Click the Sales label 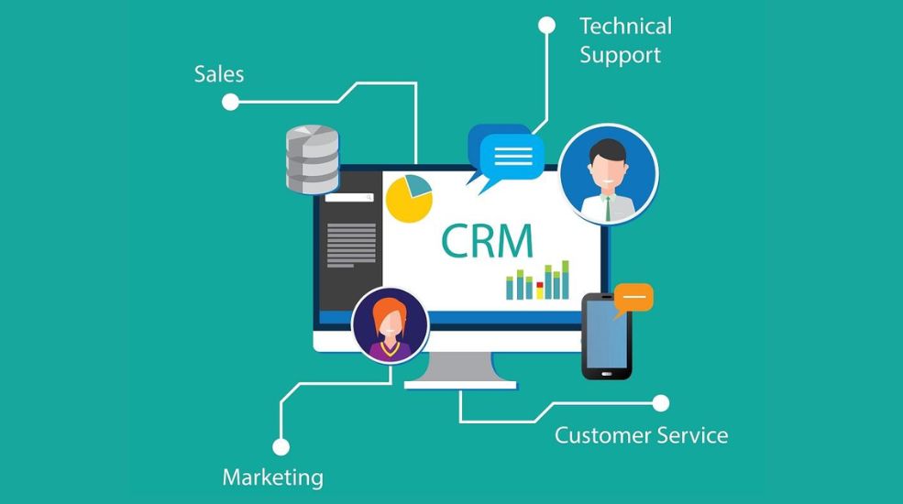[219, 74]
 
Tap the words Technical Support [625, 41]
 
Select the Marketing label [273, 477]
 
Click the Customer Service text [641, 435]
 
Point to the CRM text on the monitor [487, 240]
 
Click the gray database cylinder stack [313, 159]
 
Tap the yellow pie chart [409, 199]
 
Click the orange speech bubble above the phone [633, 299]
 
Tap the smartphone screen [606, 334]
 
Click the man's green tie [608, 208]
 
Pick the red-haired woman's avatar [391, 325]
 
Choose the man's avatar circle [608, 174]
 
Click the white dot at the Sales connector [230, 102]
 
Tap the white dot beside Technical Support [546, 26]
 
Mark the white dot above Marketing [281, 447]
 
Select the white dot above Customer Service [661, 403]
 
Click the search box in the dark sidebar [349, 197]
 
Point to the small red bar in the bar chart [540, 285]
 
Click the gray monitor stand [460, 370]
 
